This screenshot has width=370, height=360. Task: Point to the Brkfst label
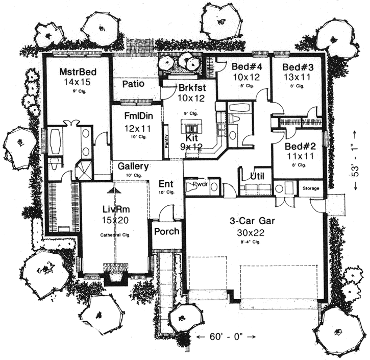tap(192, 87)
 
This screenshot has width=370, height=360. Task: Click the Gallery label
tap(133, 166)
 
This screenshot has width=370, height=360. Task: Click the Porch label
tap(167, 231)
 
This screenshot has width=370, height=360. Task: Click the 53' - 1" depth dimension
tap(356, 161)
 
